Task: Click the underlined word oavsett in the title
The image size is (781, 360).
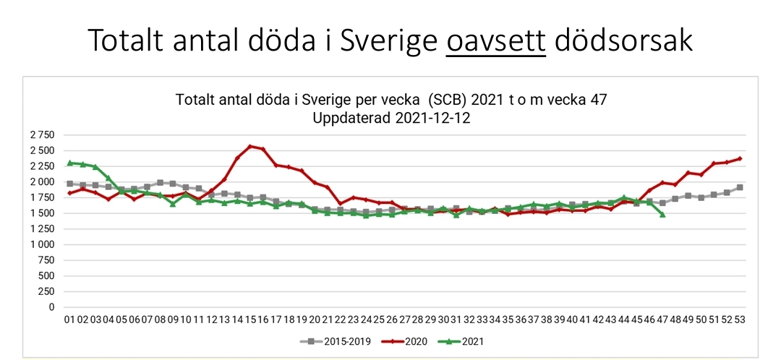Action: (x=496, y=40)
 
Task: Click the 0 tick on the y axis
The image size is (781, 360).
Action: (x=51, y=307)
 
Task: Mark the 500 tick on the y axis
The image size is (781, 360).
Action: (x=46, y=276)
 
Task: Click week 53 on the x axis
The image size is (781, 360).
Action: (x=740, y=320)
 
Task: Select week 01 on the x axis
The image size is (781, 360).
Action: (x=69, y=320)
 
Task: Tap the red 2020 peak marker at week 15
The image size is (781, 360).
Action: (x=250, y=147)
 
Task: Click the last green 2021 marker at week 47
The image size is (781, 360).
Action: (x=662, y=214)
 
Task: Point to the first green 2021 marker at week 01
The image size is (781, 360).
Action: (x=69, y=163)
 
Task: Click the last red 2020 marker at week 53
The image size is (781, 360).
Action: (x=740, y=158)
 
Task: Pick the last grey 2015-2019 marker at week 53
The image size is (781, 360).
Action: (x=740, y=187)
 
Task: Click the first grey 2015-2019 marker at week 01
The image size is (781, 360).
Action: (x=69, y=184)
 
